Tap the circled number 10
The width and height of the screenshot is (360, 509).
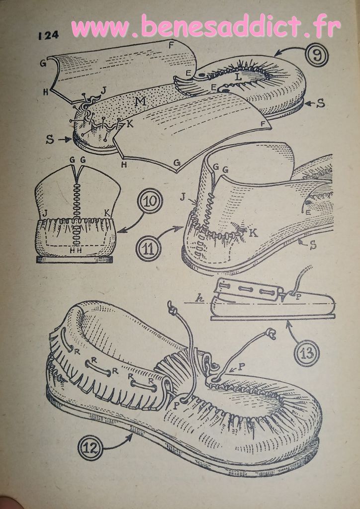tap(150, 201)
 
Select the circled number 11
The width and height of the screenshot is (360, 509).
tap(150, 249)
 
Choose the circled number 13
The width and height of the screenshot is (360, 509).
tap(307, 353)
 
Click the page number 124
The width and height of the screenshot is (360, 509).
tap(48, 35)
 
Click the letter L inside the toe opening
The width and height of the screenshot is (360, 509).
tap(239, 77)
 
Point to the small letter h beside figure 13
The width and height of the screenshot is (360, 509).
tap(200, 299)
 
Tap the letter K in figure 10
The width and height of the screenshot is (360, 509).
tap(106, 213)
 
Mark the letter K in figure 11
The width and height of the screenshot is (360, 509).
tap(254, 233)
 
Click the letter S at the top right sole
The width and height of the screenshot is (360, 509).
tap(321, 103)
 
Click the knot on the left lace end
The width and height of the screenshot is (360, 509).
tap(173, 308)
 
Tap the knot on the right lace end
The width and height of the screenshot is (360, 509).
tap(270, 333)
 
